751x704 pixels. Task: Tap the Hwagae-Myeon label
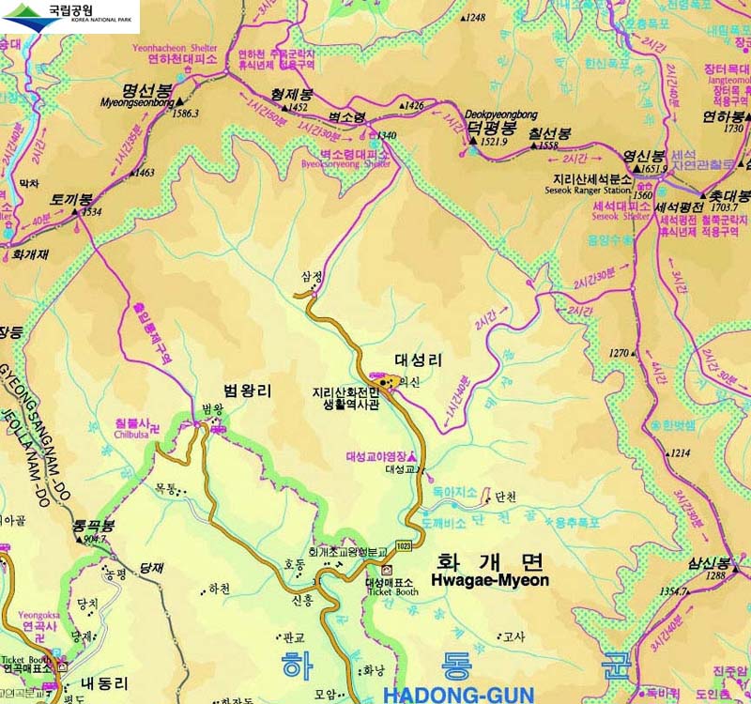click(489, 580)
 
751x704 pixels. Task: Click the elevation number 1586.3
click(186, 114)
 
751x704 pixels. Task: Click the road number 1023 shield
click(404, 546)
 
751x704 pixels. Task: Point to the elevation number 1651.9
click(653, 169)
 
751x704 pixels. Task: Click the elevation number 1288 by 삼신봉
click(715, 575)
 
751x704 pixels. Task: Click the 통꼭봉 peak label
click(95, 526)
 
